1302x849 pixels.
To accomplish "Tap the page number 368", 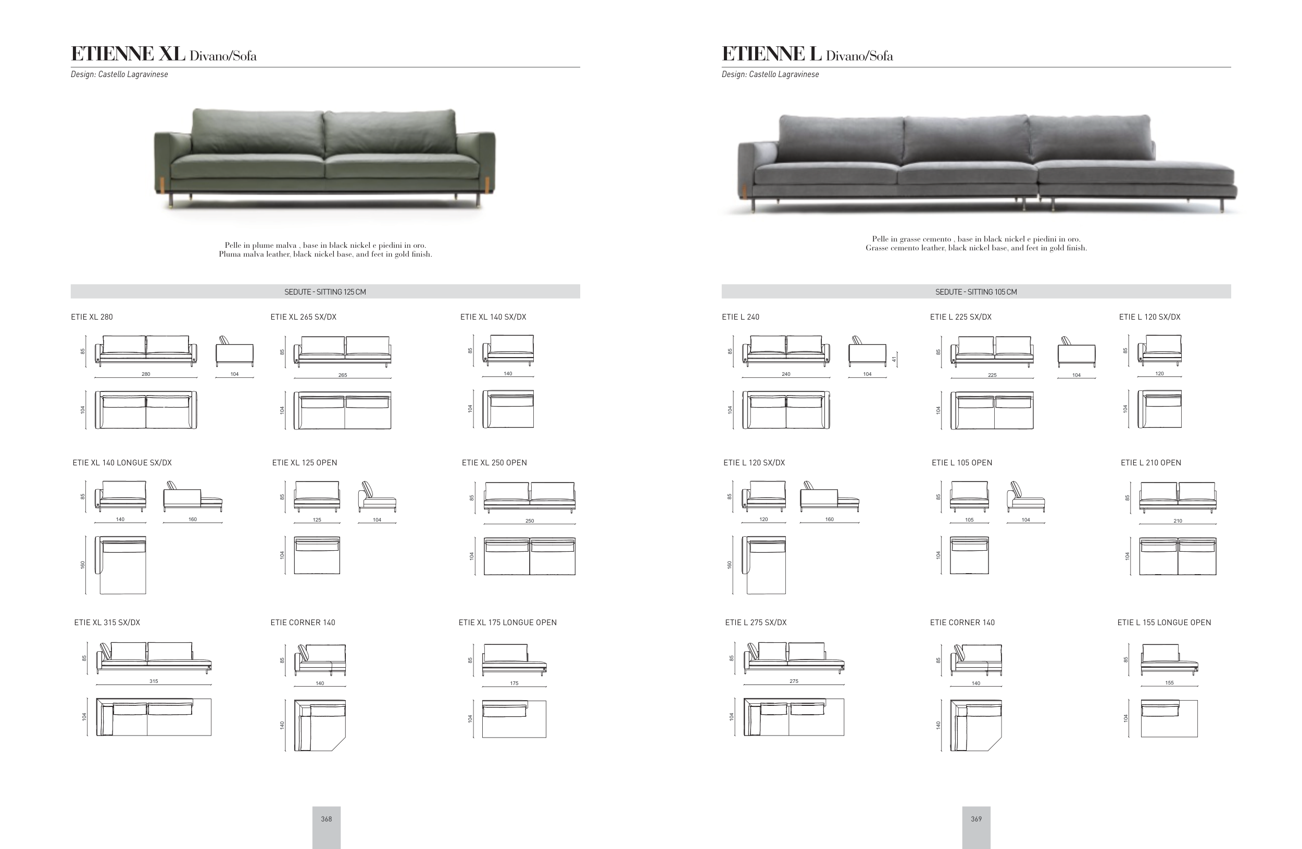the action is click(326, 819).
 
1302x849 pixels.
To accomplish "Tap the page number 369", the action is click(976, 819).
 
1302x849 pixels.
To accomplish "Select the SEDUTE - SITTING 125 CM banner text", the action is click(325, 292).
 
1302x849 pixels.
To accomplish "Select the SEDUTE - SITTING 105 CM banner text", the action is click(976, 292).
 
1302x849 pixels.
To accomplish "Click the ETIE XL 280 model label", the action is click(92, 317).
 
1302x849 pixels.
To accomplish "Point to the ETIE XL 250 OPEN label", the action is click(494, 462).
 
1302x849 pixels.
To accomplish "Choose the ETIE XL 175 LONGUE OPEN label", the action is click(508, 622).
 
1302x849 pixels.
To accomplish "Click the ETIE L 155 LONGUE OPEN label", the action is click(1164, 622).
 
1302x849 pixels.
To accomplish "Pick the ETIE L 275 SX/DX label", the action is click(756, 622).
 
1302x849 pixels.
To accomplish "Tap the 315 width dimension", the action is click(154, 681).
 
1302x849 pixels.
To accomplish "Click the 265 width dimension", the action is click(343, 375).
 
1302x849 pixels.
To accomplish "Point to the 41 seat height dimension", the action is click(894, 359).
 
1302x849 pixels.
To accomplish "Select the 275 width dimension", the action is click(794, 681).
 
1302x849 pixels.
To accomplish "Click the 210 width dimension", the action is click(1178, 521).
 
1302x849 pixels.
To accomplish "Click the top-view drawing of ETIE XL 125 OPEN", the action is click(317, 555).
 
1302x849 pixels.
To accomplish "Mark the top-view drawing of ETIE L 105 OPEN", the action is click(969, 555).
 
